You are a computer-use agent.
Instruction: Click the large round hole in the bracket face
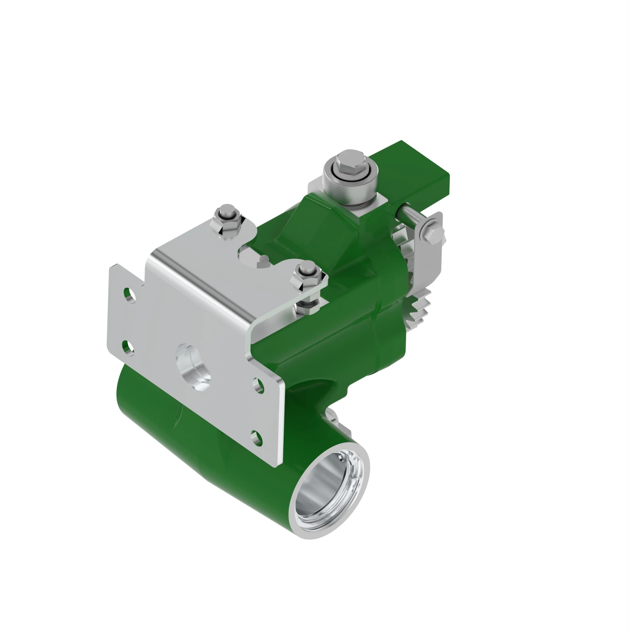(193, 366)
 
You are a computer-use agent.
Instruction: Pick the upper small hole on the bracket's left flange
(130, 294)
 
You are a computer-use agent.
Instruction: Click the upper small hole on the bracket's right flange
(258, 386)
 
